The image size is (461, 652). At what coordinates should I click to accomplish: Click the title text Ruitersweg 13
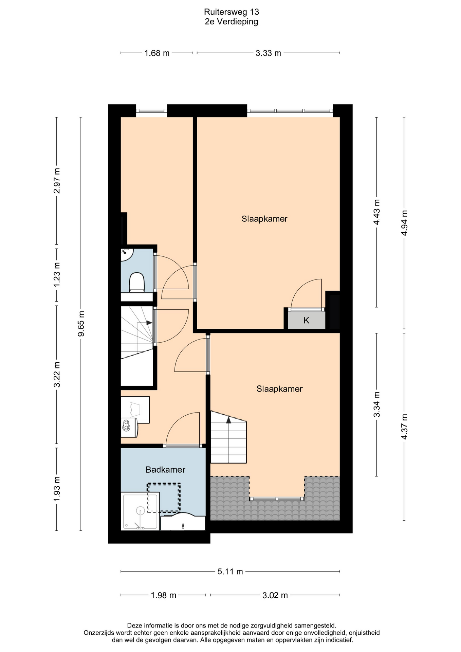231,12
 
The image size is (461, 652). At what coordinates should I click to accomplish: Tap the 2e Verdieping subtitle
231,22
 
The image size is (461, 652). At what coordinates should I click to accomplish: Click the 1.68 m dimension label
157,53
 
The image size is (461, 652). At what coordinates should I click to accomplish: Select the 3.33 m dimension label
268,53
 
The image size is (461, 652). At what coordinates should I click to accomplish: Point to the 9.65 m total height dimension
81,324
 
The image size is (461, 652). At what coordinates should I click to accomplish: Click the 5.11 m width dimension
230,572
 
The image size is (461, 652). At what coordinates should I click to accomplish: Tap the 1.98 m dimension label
164,595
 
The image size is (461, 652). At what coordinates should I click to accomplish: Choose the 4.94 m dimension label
404,223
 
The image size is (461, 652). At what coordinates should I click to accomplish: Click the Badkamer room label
165,470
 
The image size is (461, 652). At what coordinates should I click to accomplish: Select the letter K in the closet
306,320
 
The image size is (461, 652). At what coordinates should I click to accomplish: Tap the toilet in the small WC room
137,282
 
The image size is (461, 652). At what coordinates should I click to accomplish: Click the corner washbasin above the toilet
126,254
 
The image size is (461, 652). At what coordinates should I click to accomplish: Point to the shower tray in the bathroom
140,511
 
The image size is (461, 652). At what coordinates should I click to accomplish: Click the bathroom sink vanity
183,522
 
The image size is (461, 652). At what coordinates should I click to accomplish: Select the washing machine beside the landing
129,427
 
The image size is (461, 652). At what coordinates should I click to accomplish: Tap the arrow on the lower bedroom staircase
229,420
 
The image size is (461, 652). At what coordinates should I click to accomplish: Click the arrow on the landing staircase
149,323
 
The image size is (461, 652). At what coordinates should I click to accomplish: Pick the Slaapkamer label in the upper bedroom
264,219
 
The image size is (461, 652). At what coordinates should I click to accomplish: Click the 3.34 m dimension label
376,404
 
